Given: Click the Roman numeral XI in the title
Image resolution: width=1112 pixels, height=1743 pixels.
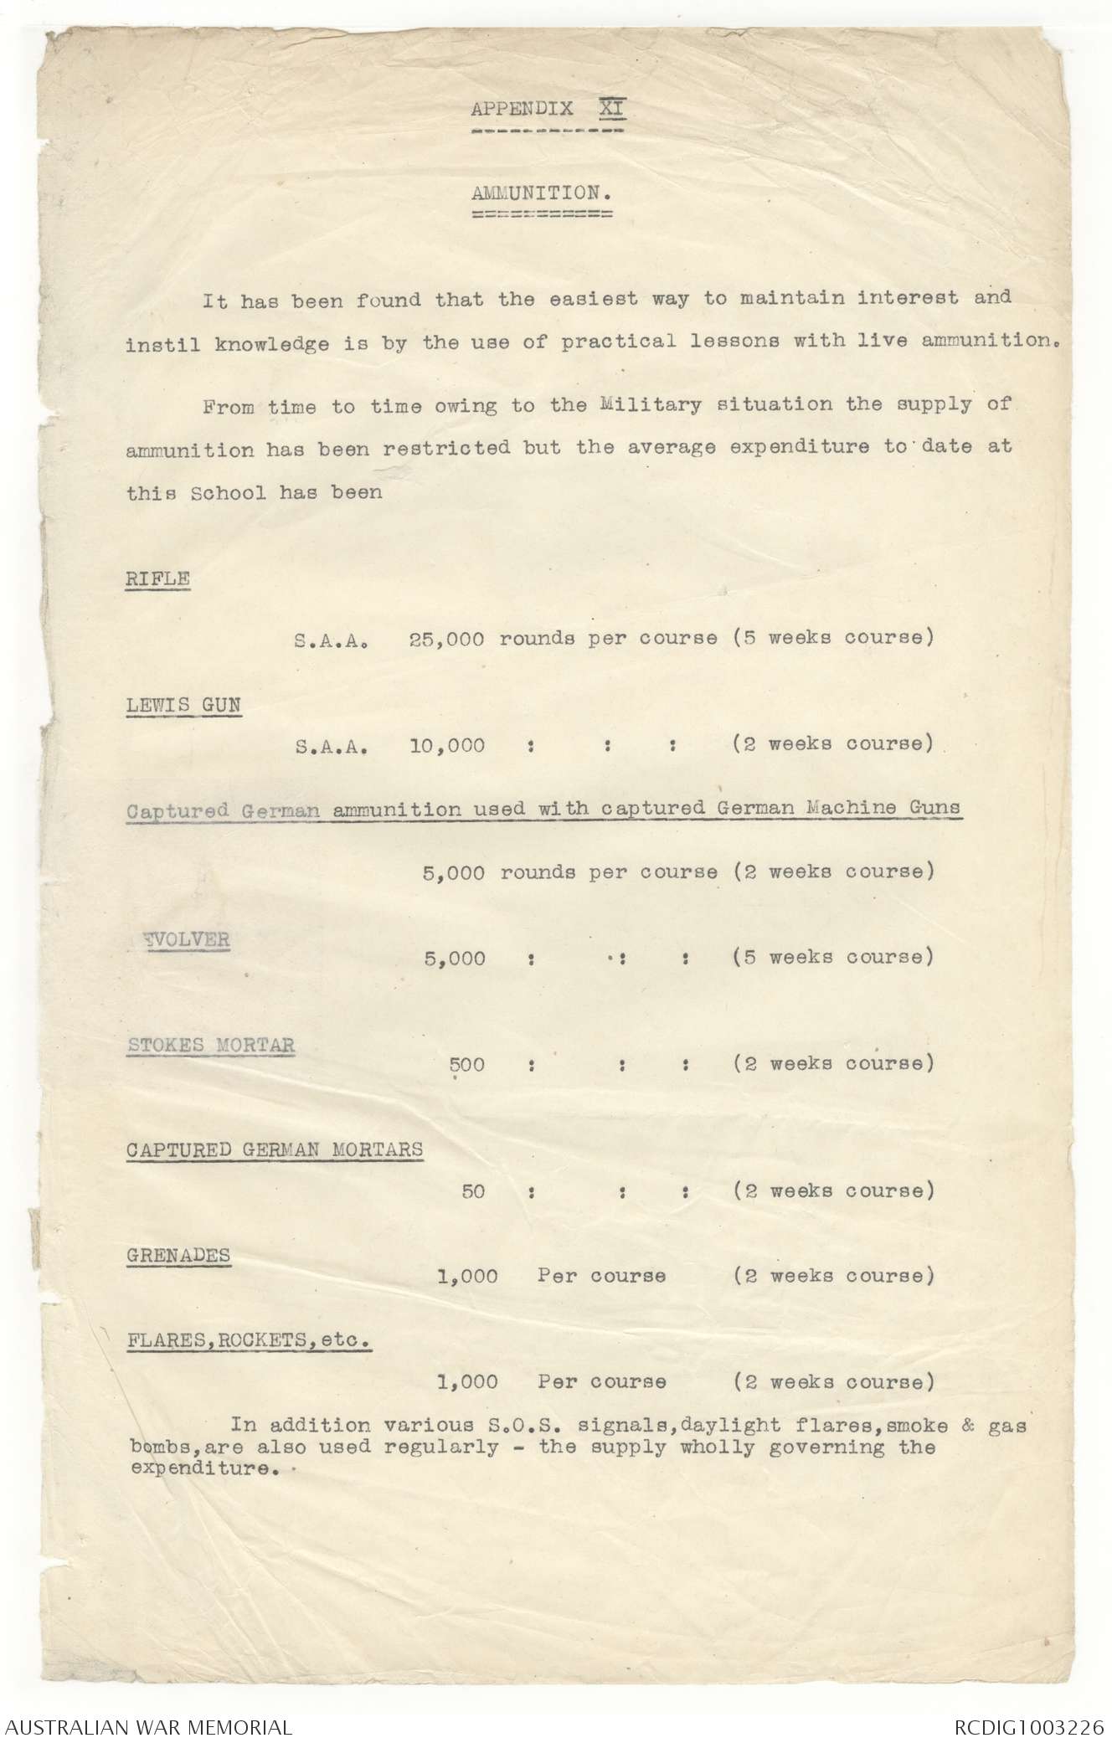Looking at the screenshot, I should click(612, 109).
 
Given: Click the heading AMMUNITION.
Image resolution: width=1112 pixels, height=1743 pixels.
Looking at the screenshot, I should click(541, 193).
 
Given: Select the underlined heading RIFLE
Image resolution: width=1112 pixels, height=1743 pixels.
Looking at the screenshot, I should click(158, 578).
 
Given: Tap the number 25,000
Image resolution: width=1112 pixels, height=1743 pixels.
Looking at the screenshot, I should click(446, 638).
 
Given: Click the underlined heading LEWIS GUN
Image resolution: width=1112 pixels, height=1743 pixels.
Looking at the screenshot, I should click(183, 705).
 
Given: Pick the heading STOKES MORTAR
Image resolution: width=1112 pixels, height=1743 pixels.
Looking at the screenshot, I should click(211, 1045).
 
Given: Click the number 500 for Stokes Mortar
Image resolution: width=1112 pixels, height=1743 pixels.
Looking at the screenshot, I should click(467, 1065).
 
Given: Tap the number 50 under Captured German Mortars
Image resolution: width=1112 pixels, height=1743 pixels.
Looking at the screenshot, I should click(473, 1190).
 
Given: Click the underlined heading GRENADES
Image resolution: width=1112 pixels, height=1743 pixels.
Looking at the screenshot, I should click(178, 1256).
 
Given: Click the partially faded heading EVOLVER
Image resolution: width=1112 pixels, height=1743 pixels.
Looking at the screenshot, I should click(186, 939).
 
